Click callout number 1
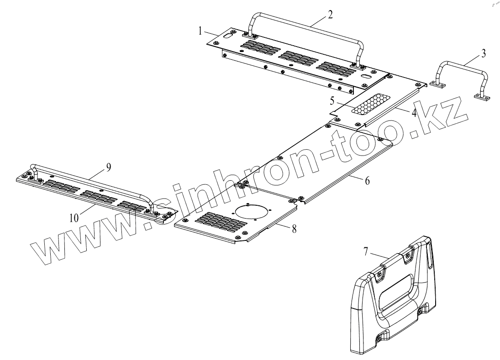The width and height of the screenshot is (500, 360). [x=200, y=31]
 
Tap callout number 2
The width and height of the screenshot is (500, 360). [x=330, y=13]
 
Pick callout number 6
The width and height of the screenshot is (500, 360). [x=367, y=180]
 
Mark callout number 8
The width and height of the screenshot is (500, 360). [x=294, y=229]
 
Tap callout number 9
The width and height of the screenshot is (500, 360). [x=108, y=167]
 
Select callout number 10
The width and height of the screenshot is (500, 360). [x=74, y=218]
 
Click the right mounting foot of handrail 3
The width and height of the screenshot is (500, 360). [x=482, y=97]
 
